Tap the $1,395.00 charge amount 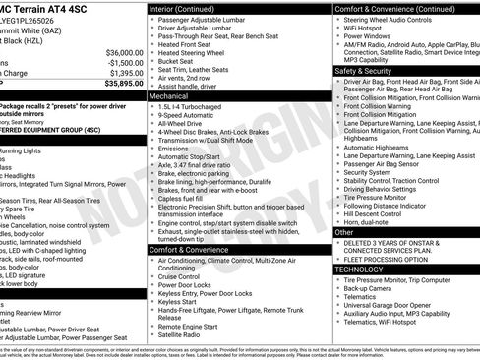point(123,73)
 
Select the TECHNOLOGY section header point(359,269)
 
